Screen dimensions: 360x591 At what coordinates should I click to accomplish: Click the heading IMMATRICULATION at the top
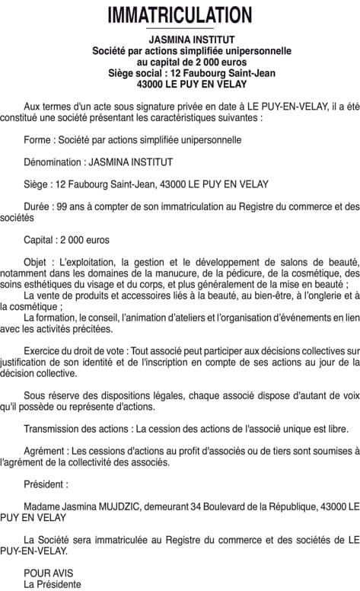pos(180,14)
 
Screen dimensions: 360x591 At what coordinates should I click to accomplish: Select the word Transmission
pos(52,429)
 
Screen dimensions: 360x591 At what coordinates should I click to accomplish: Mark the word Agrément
pos(44,451)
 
